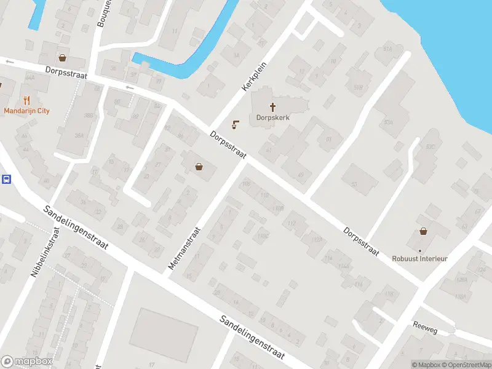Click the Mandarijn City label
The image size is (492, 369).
click(x=26, y=111)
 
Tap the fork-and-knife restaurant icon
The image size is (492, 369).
click(x=26, y=100)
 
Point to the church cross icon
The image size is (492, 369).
click(x=272, y=106)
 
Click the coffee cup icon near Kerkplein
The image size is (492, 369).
click(x=235, y=125)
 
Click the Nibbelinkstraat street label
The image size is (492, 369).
click(x=45, y=253)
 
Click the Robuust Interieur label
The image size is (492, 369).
click(x=420, y=258)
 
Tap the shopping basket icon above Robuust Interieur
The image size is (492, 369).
click(x=424, y=231)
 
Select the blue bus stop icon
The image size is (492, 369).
click(x=6, y=180)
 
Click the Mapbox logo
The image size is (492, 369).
click(x=26, y=362)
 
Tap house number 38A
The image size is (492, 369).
click(x=79, y=136)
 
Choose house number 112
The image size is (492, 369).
click(x=292, y=223)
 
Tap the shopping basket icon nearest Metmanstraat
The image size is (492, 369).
click(x=199, y=166)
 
